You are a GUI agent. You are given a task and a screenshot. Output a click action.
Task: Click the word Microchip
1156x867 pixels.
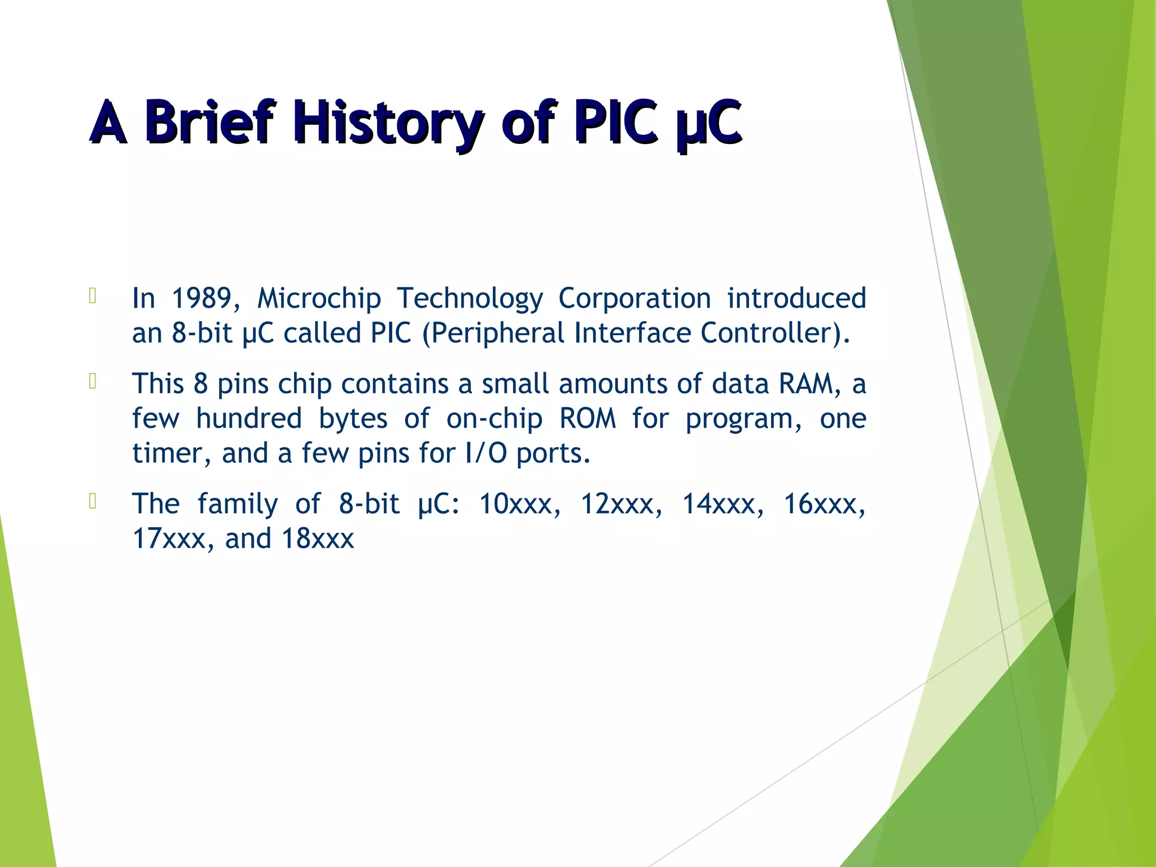319,298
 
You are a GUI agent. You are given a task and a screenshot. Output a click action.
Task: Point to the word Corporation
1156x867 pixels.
634,298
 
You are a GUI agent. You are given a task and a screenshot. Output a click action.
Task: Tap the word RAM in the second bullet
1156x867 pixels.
806,384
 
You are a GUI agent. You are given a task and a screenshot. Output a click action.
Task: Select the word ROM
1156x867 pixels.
587,419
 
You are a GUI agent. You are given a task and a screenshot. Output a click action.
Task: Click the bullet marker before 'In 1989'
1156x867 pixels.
93,296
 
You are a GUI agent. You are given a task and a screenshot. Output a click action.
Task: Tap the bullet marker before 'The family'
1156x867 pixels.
93,501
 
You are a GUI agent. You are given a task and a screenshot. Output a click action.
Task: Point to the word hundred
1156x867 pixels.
249,419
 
